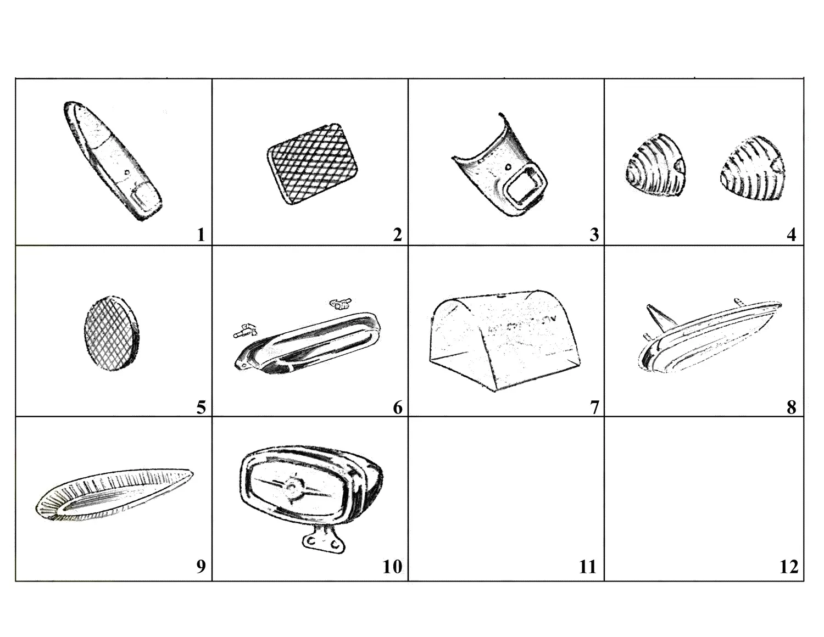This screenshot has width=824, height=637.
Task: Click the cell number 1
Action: (201, 235)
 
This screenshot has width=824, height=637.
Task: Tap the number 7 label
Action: (594, 408)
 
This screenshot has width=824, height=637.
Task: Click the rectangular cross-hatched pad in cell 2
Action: (313, 164)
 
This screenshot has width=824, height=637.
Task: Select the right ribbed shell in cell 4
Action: (753, 169)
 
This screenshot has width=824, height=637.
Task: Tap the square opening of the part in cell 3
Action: (525, 186)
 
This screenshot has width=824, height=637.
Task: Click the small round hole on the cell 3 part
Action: (507, 166)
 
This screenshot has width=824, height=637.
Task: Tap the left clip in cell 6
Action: (245, 330)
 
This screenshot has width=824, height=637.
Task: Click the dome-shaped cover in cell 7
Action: (504, 340)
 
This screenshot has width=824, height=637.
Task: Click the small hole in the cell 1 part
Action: (127, 172)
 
